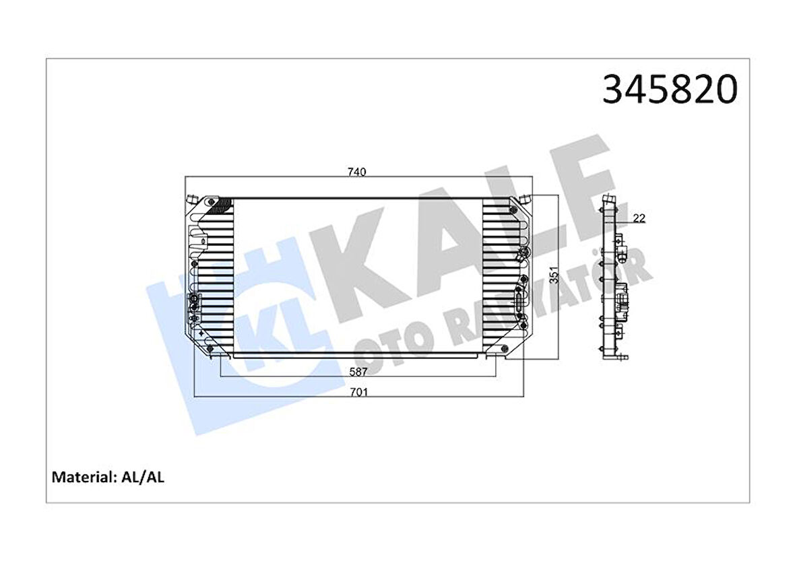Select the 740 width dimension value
357,172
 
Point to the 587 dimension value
357,370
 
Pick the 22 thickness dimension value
639,218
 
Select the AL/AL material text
142,477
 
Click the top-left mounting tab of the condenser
191,199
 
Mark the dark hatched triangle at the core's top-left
222,205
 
